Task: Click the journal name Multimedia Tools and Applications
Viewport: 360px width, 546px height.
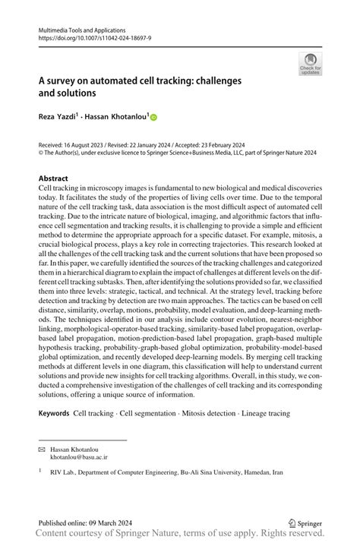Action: coord(79,27)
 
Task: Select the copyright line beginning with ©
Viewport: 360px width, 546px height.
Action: coord(179,151)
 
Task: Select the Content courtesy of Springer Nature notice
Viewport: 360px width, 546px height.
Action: coord(179,535)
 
